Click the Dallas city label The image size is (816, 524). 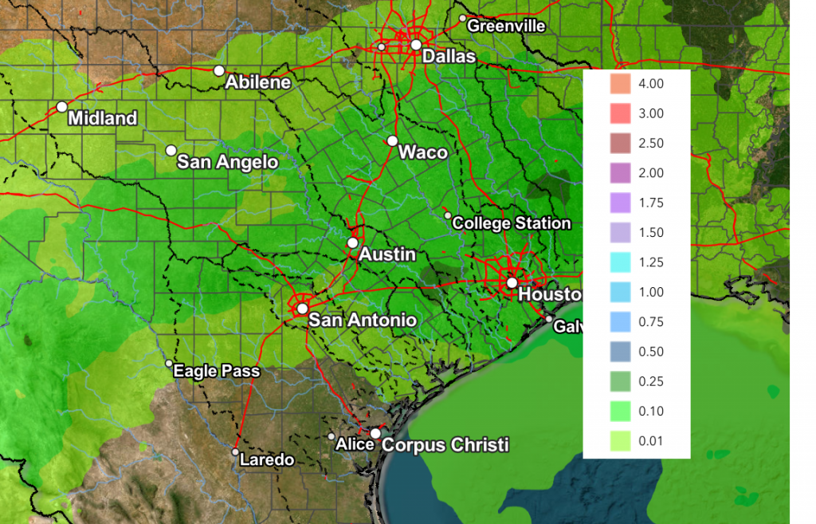(x=449, y=57)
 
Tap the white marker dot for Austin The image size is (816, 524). (x=353, y=242)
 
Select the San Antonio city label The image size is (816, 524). (x=362, y=320)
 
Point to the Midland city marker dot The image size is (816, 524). (x=62, y=107)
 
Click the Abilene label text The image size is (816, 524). (x=257, y=82)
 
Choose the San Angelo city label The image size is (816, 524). (x=227, y=162)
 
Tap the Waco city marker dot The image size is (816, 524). (x=392, y=141)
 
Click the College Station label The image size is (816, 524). (x=511, y=223)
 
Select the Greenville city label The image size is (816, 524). (x=506, y=26)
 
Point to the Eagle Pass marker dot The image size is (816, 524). (x=169, y=364)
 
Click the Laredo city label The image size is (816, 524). (x=267, y=460)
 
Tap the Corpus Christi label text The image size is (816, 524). (x=445, y=445)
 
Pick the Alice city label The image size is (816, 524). (x=355, y=443)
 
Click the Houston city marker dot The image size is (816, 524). (x=512, y=282)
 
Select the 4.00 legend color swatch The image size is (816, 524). (x=619, y=84)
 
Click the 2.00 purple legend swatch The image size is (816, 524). (x=619, y=173)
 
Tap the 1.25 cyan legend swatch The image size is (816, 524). (x=619, y=262)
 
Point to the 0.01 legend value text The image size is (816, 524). (x=651, y=441)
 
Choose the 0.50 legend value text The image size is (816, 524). (x=651, y=352)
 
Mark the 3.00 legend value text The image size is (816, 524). (x=651, y=114)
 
